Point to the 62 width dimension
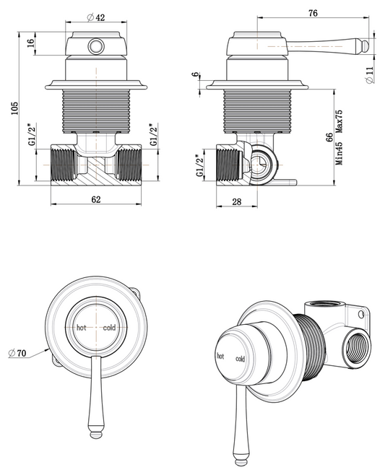pyautogui.click(x=96, y=199)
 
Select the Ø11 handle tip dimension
pyautogui.click(x=370, y=75)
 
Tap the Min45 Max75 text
pyautogui.click(x=339, y=137)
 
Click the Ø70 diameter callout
pyautogui.click(x=17, y=354)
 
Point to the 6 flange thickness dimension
pyautogui.click(x=196, y=75)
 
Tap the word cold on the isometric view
pyautogui.click(x=240, y=359)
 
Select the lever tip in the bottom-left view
pyautogui.click(x=97, y=434)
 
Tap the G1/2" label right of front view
pyautogui.click(x=152, y=137)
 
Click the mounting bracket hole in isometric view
pyautogui.click(x=362, y=313)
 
